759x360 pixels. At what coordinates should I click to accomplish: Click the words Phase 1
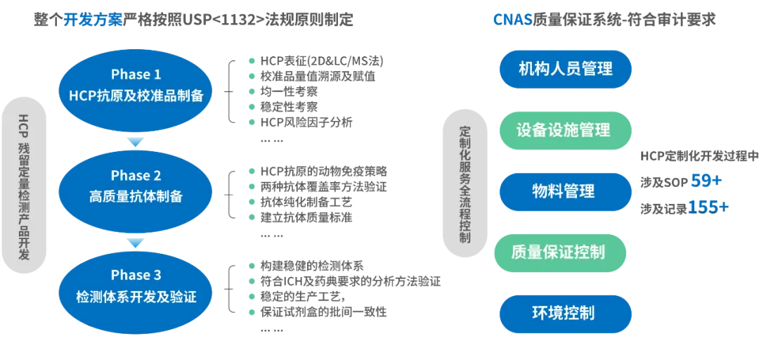click(x=136, y=75)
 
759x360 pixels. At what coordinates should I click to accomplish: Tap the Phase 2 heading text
click(x=136, y=176)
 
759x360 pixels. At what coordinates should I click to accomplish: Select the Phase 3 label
click(x=136, y=275)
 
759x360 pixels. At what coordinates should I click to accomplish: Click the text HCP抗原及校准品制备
click(x=136, y=96)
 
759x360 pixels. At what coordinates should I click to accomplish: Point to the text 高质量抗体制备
click(x=136, y=197)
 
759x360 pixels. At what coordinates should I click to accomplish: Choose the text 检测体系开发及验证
click(x=136, y=297)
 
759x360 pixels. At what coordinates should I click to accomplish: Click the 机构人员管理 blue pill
click(x=565, y=69)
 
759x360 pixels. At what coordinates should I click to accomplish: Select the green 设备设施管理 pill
click(x=564, y=130)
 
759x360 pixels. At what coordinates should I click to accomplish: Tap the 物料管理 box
click(x=564, y=191)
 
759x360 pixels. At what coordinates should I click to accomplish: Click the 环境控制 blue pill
click(x=564, y=312)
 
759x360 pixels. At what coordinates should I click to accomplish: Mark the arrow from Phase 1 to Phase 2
click(x=135, y=141)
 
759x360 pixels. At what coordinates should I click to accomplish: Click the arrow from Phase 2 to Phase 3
click(x=135, y=243)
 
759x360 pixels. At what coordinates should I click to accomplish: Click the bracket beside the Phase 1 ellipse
click(x=228, y=91)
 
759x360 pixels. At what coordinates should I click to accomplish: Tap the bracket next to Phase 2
click(x=228, y=193)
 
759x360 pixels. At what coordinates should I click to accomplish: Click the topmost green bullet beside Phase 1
click(x=252, y=60)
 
